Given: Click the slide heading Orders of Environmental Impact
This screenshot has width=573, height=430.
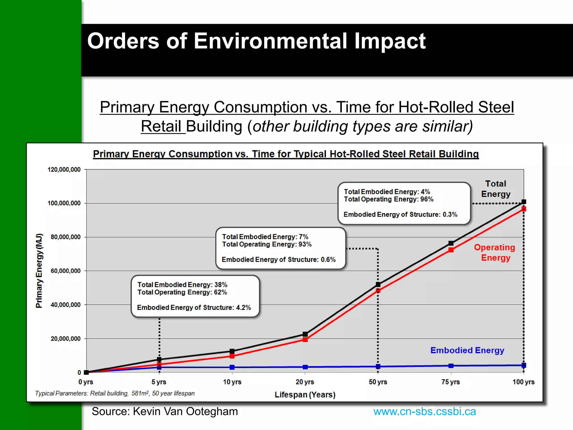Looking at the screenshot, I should tap(256, 41).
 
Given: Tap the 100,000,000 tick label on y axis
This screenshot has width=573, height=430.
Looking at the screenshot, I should tap(64, 203).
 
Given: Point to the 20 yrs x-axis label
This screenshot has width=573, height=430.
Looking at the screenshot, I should tap(305, 382).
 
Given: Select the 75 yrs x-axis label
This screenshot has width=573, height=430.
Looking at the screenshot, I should tap(450, 382).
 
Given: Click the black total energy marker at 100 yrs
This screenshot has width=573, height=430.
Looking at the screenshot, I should tap(524, 202).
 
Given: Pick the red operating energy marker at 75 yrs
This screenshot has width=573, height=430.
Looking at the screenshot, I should tap(451, 250).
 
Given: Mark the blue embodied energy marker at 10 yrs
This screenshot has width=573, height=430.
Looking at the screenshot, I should tap(232, 367).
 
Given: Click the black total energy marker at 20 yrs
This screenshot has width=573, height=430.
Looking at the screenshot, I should tap(305, 334).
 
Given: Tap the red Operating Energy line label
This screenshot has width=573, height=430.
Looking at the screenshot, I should tap(495, 253).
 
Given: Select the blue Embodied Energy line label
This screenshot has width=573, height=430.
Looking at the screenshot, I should tap(467, 350).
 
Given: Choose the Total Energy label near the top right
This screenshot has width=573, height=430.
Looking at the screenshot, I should tap(495, 189).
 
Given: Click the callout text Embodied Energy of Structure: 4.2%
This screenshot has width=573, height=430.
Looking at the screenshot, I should tap(194, 307).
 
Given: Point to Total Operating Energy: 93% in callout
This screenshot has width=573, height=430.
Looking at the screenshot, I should tap(267, 244).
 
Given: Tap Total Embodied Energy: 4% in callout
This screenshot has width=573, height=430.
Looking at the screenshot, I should tap(387, 192).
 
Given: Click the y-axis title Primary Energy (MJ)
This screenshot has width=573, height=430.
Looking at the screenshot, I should tap(39, 271).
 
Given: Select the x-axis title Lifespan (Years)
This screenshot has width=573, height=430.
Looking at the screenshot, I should tap(305, 395).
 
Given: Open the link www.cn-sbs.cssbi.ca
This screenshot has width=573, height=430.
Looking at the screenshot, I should tap(424, 412).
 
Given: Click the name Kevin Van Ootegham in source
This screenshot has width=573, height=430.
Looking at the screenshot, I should tap(185, 412).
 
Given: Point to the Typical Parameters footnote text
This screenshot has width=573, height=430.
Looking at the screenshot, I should tap(115, 393).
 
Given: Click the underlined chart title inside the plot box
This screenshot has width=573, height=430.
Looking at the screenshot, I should tap(286, 154).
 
